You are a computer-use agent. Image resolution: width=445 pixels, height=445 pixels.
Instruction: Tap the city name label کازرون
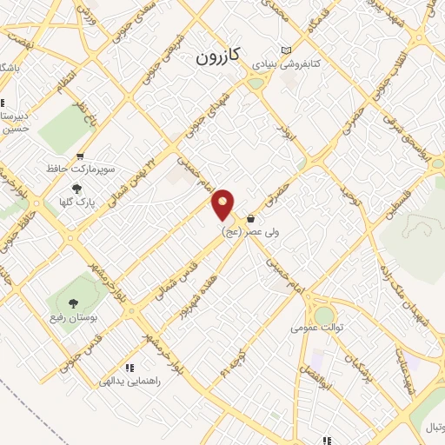[x=213, y=59]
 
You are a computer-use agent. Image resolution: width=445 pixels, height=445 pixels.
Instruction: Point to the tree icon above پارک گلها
[x=76, y=187]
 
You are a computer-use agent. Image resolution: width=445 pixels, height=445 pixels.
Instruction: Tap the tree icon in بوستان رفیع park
[x=72, y=302]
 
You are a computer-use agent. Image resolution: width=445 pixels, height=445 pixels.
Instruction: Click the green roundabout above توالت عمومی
[x=324, y=315]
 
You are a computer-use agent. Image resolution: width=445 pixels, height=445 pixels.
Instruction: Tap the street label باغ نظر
[x=81, y=112]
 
